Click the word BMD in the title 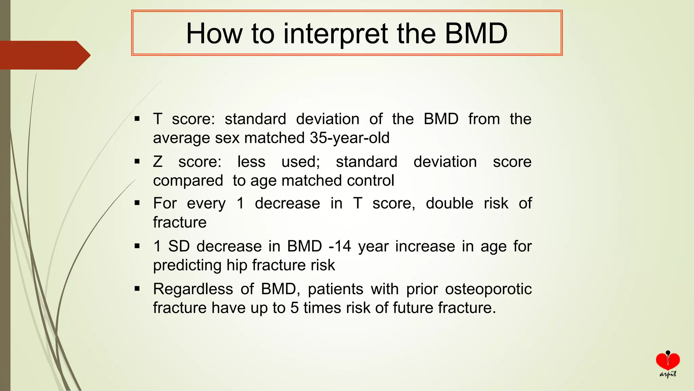pyautogui.click(x=476, y=33)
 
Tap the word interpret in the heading pyautogui.click(x=335, y=33)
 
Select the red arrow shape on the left pyautogui.click(x=44, y=55)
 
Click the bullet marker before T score pyautogui.click(x=137, y=119)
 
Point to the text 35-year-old pyautogui.click(x=349, y=138)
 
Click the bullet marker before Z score pyautogui.click(x=137, y=162)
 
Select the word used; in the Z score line pyautogui.click(x=301, y=162)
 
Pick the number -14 pyautogui.click(x=340, y=246)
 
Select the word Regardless pyautogui.click(x=193, y=289)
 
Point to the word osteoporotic pyautogui.click(x=488, y=289)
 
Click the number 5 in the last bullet pyautogui.click(x=294, y=308)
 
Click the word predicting pyautogui.click(x=187, y=265)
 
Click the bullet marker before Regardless pyautogui.click(x=137, y=289)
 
